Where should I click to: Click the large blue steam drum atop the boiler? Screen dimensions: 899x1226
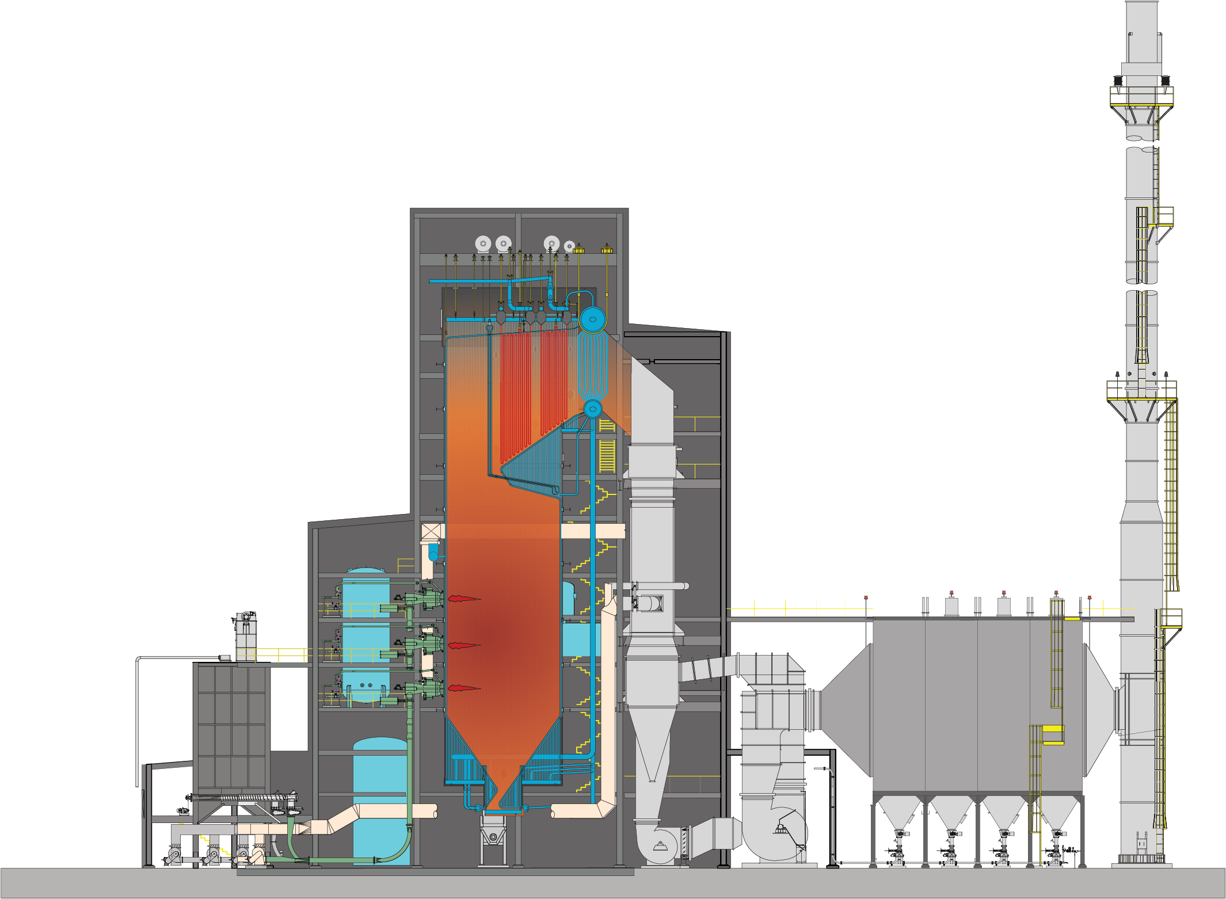point(592,319)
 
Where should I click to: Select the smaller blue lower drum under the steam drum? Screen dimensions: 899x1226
point(592,409)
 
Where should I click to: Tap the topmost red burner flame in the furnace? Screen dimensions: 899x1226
point(463,599)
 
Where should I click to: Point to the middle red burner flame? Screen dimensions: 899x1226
point(463,645)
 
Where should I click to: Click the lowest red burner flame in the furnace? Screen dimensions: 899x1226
point(463,688)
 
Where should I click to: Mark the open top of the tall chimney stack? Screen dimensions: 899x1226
point(1141,5)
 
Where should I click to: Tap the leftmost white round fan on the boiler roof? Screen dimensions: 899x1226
point(483,243)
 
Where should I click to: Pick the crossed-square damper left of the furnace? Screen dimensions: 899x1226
point(433,531)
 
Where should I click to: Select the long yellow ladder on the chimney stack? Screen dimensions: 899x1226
point(1171,495)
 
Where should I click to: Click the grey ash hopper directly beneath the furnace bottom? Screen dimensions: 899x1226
point(493,831)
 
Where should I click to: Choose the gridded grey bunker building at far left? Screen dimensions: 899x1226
point(231,725)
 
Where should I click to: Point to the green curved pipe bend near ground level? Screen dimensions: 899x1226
point(397,852)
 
